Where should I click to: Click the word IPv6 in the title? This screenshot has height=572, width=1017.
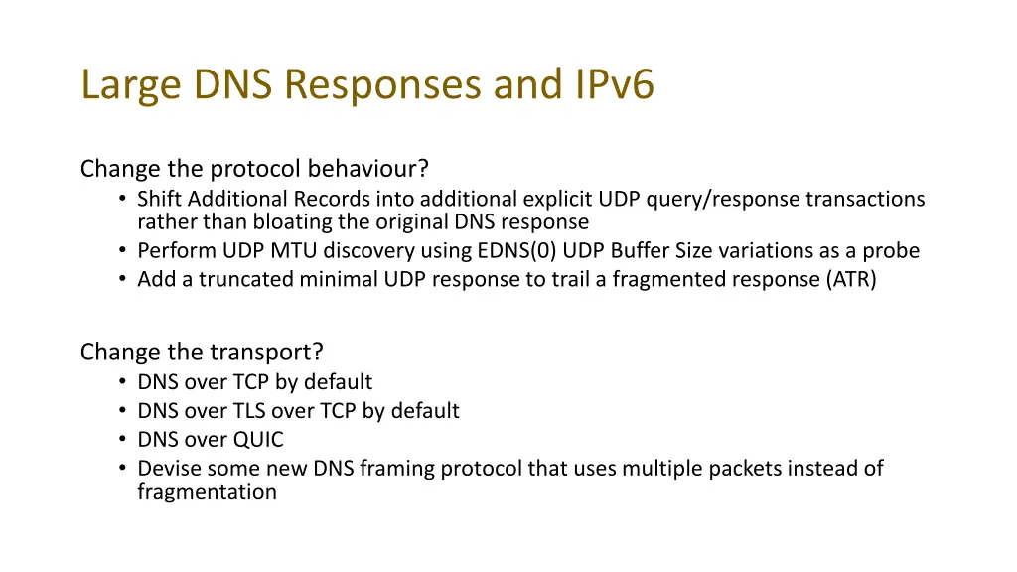pos(613,85)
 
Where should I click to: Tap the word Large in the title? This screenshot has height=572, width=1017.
pos(131,85)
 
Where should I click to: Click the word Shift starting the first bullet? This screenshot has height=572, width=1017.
pos(157,199)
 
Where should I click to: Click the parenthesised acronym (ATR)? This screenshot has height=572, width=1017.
pos(851,279)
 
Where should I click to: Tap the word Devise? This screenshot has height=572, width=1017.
pos(166,468)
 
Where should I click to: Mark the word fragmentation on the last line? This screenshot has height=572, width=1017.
pos(207,491)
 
